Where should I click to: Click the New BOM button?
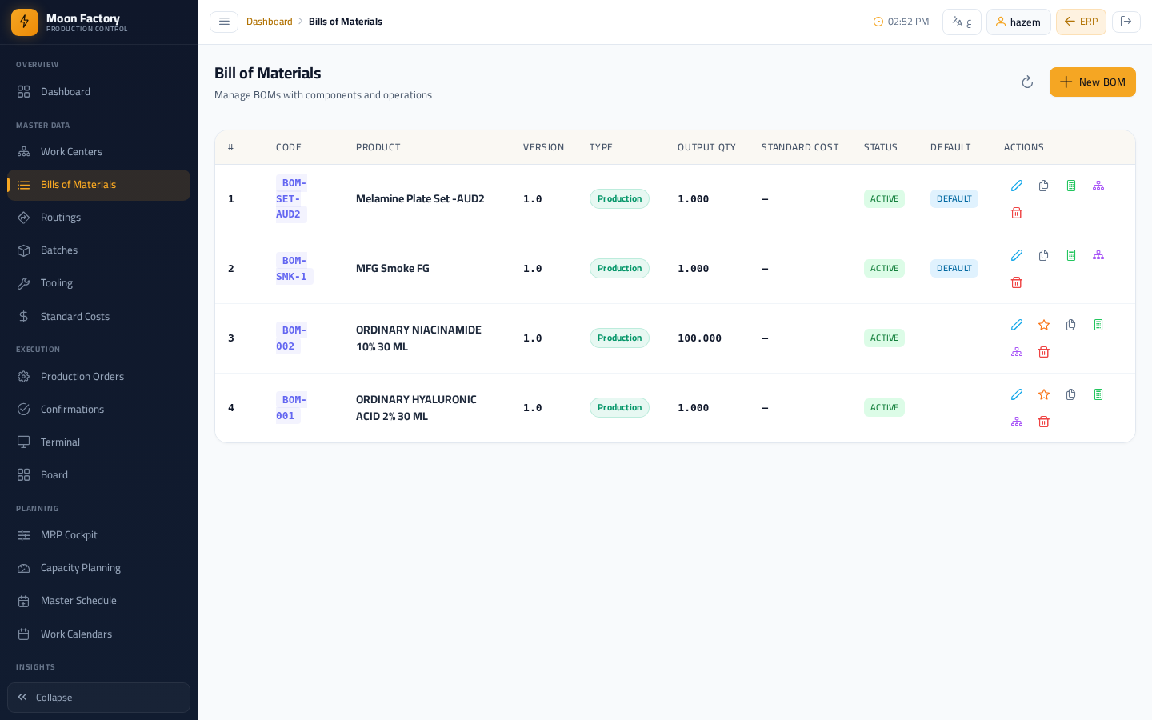[x=1092, y=82]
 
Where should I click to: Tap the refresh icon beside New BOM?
[x=1027, y=82]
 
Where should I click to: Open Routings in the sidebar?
[x=61, y=217]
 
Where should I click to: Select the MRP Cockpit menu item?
[x=69, y=535]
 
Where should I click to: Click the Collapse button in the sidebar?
[x=98, y=698]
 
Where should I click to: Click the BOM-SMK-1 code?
[x=291, y=269]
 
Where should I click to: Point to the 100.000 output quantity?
[x=699, y=338]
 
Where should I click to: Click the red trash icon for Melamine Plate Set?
[x=1016, y=213]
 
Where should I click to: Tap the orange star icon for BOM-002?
[x=1043, y=325]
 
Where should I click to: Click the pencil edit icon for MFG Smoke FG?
[x=1016, y=256]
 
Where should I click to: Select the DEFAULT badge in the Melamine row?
[x=954, y=198]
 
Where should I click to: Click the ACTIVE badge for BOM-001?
[x=884, y=407]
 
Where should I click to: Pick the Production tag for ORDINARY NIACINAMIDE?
[x=619, y=338]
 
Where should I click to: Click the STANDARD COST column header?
[x=800, y=147]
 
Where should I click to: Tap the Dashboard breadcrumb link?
[x=269, y=22]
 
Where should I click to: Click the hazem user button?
[x=1018, y=22]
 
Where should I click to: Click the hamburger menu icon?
[x=224, y=22]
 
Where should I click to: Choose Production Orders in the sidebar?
[x=82, y=377]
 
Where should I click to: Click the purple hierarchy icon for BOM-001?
[x=1016, y=422]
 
